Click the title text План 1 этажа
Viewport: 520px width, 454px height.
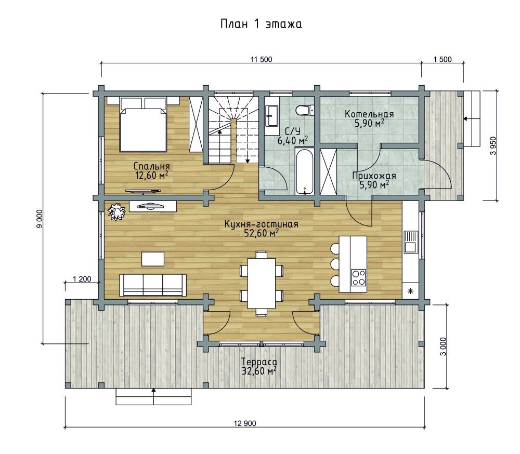pyautogui.click(x=262, y=24)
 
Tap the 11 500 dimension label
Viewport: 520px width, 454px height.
pyautogui.click(x=262, y=59)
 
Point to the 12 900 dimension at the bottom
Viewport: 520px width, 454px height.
pyautogui.click(x=245, y=423)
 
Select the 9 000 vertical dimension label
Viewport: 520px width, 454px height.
pyautogui.click(x=40, y=219)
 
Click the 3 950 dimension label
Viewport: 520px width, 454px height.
pyautogui.click(x=493, y=145)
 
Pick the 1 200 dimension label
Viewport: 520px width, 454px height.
pyautogui.click(x=82, y=279)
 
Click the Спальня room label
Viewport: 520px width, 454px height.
pyautogui.click(x=151, y=166)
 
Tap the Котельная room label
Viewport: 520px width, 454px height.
pyautogui.click(x=369, y=114)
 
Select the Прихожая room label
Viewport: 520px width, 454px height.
pyautogui.click(x=374, y=176)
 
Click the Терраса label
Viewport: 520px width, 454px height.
pyautogui.click(x=259, y=362)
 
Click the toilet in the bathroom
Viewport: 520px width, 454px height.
pyautogui.click(x=304, y=110)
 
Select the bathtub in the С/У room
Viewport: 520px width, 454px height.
pyautogui.click(x=304, y=171)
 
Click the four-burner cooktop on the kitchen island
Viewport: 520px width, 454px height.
pyautogui.click(x=358, y=277)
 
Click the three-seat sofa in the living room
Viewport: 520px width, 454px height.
pyautogui.click(x=153, y=285)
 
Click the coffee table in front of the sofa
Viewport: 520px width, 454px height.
pyautogui.click(x=153, y=259)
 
